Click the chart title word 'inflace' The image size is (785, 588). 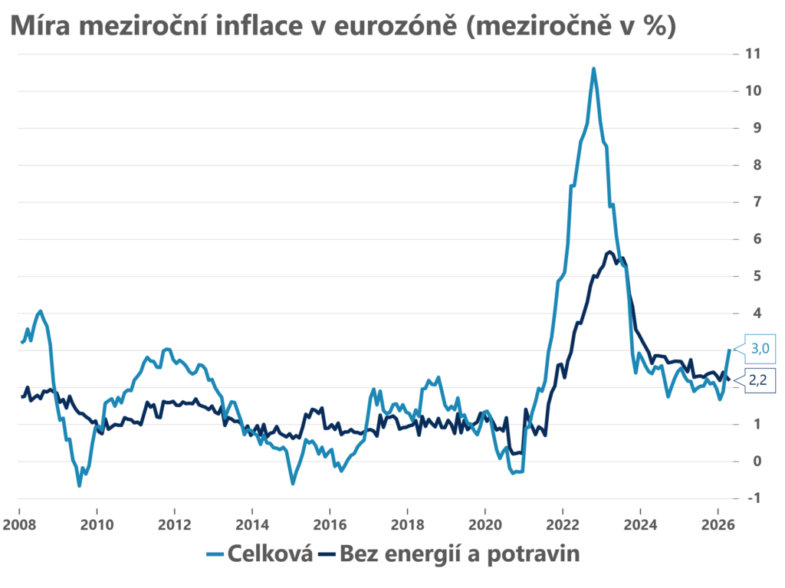259,25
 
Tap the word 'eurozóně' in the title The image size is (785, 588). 395,25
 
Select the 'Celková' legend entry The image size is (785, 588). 259,554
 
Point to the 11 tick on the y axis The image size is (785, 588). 753,54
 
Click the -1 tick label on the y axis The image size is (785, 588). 754,498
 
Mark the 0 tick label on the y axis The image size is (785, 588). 757,461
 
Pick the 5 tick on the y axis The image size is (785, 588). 757,276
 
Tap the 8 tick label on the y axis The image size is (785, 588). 757,165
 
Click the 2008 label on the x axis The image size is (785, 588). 19,524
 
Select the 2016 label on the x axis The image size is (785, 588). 330,524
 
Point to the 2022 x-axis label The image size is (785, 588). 563,524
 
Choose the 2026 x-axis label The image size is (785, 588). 718,524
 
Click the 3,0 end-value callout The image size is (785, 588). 760,348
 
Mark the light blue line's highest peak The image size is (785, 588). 593,69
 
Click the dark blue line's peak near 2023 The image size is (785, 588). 609,252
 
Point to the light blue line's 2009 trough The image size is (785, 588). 79,485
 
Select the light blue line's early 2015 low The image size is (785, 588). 293,483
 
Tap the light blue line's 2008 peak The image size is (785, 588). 41,311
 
